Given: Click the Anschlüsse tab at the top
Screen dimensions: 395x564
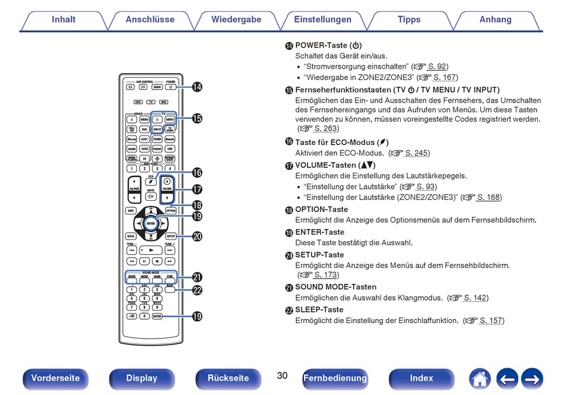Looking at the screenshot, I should click(150, 20).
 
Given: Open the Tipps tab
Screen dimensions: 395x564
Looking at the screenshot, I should click(409, 20).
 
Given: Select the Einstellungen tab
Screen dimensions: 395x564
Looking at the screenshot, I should click(322, 20).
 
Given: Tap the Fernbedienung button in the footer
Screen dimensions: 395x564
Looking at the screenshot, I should click(335, 378).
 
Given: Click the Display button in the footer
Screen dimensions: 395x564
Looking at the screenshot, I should click(142, 378).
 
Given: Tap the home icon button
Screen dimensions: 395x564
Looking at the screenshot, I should click(480, 378).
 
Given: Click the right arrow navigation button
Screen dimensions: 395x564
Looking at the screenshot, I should click(532, 378).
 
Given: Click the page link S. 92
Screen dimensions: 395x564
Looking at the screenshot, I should click(438, 67).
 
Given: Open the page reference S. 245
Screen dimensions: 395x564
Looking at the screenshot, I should click(417, 153).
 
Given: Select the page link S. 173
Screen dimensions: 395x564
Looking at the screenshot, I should click(326, 275).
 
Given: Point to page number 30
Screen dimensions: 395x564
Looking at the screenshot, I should click(282, 375).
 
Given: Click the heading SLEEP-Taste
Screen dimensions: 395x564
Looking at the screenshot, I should click(319, 309).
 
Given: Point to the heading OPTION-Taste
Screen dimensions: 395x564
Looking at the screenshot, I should click(321, 209).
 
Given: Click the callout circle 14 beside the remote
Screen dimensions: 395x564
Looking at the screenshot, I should click(197, 87).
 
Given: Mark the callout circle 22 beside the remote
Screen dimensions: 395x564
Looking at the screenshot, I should click(197, 290).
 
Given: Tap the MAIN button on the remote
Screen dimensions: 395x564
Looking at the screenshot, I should click(157, 87).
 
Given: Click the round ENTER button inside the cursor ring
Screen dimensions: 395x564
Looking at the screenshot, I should click(151, 223).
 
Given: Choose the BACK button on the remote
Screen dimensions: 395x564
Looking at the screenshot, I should click(131, 236).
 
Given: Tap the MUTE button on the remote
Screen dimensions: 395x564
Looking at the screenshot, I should click(151, 196).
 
